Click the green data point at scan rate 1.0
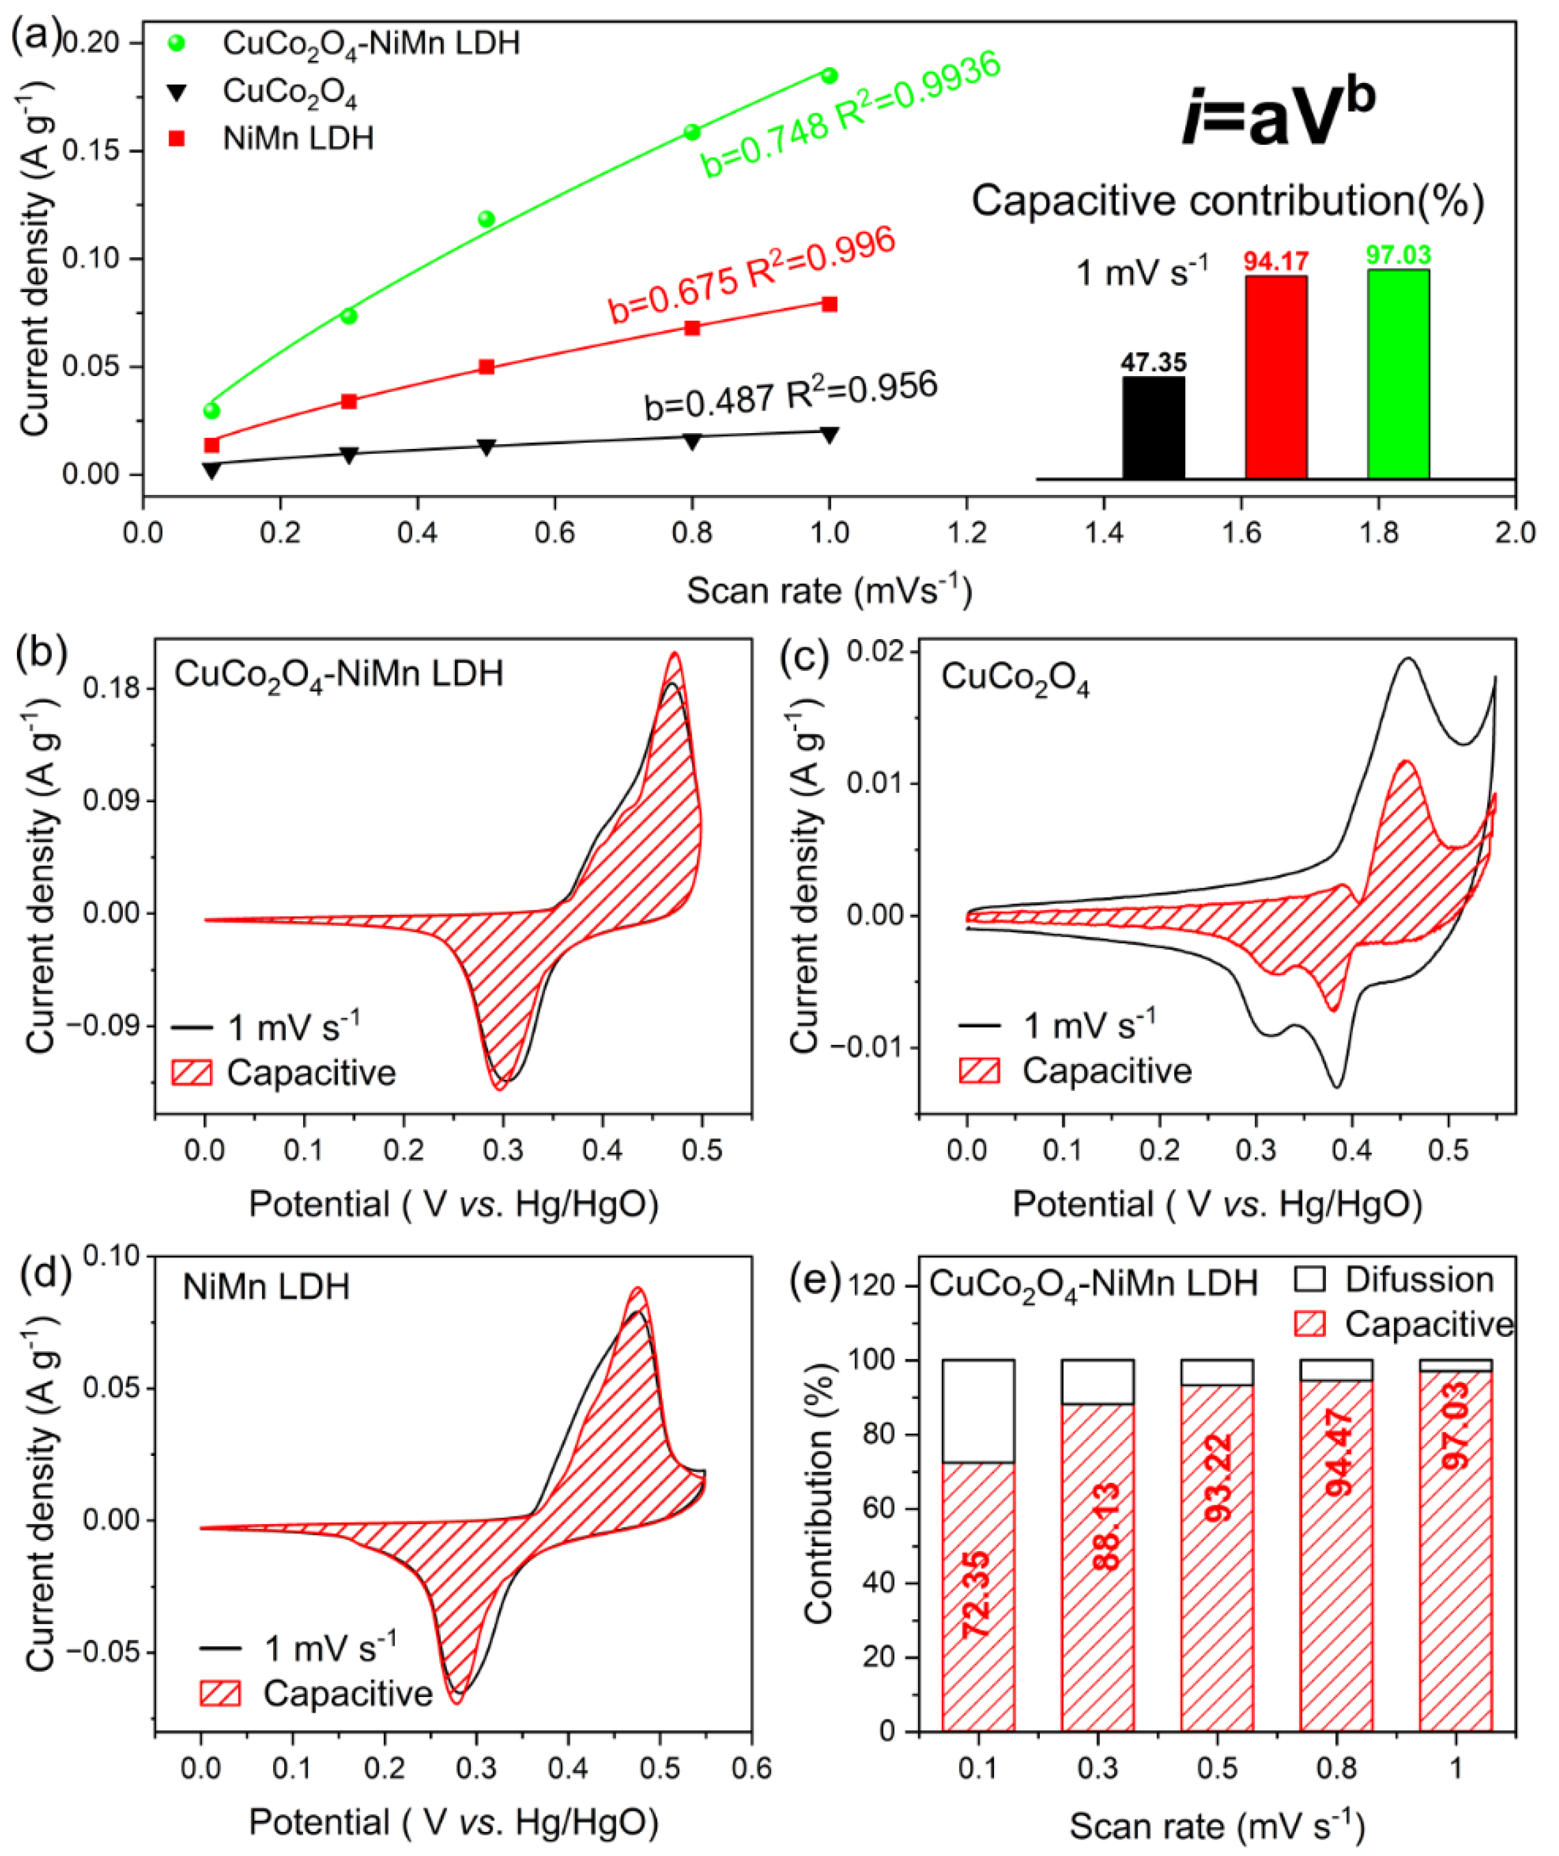point(829,76)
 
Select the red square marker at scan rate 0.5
point(486,367)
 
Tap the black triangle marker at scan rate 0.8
point(693,440)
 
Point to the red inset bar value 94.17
point(1275,262)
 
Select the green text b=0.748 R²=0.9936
point(850,115)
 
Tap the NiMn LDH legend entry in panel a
point(298,139)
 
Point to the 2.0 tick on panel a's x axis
point(1515,534)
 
